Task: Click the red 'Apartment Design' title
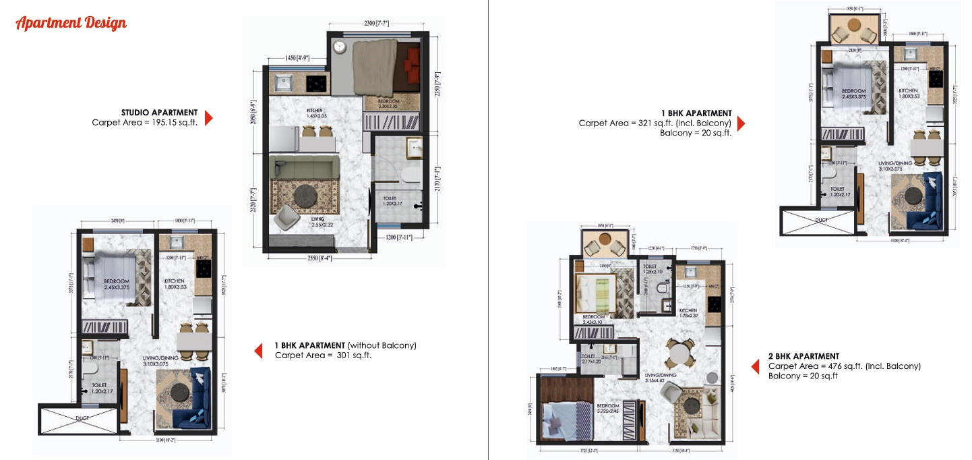[71, 24]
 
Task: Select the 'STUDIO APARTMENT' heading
[159, 113]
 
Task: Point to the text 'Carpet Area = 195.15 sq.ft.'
[144, 122]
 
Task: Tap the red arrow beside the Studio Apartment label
[208, 118]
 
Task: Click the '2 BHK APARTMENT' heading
[803, 356]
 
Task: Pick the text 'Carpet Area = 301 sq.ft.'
[323, 355]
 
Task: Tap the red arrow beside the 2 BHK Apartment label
[756, 366]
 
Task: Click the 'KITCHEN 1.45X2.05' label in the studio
[315, 113]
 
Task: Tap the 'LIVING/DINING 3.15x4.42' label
[661, 378]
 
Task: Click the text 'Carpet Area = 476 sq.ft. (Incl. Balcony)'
[844, 366]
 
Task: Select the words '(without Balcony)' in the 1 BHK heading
[382, 345]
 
